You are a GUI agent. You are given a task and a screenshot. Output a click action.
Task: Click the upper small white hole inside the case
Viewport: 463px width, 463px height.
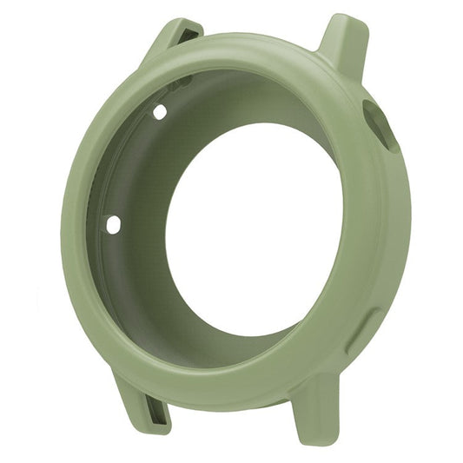(x=160, y=112)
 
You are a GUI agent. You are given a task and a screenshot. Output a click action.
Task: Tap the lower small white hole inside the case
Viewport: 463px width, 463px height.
(x=113, y=225)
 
